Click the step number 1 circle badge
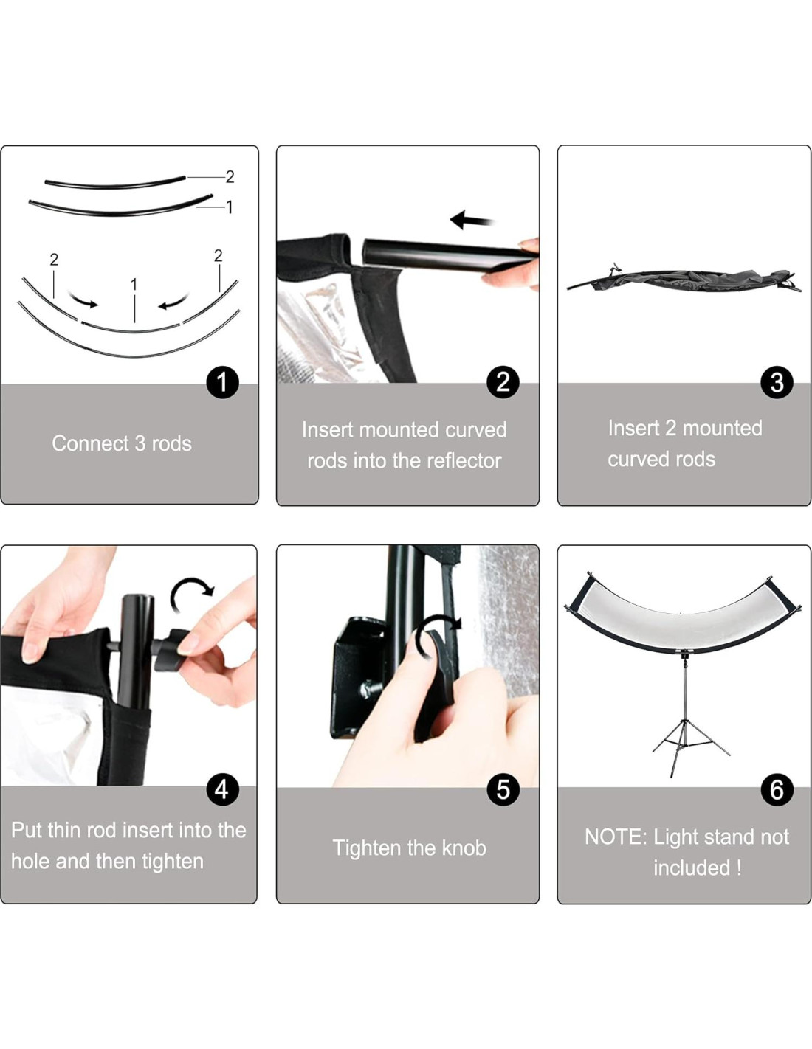(223, 383)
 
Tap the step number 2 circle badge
(503, 383)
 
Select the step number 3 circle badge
(777, 383)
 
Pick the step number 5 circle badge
(503, 790)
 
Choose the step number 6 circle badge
(777, 790)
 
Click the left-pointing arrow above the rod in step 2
(472, 220)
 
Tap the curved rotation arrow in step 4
(191, 594)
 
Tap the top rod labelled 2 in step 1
(115, 183)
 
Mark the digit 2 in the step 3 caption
(670, 428)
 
